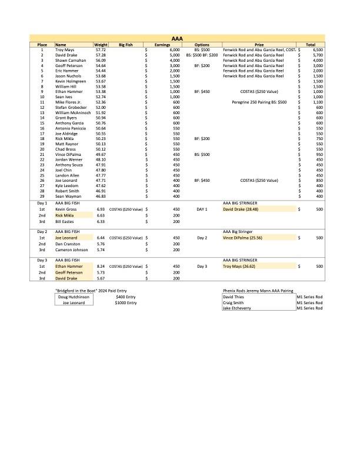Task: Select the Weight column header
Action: (101, 45)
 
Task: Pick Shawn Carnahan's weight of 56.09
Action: (101, 61)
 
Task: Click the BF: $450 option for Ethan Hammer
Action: (202, 92)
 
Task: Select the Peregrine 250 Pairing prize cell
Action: (255, 102)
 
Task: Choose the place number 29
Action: (42, 197)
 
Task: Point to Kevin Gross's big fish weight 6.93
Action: (101, 209)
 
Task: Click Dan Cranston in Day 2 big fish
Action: (68, 244)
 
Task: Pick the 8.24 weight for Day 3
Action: (101, 267)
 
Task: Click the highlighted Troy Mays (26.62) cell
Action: (240, 267)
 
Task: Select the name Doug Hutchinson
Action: (74, 297)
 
